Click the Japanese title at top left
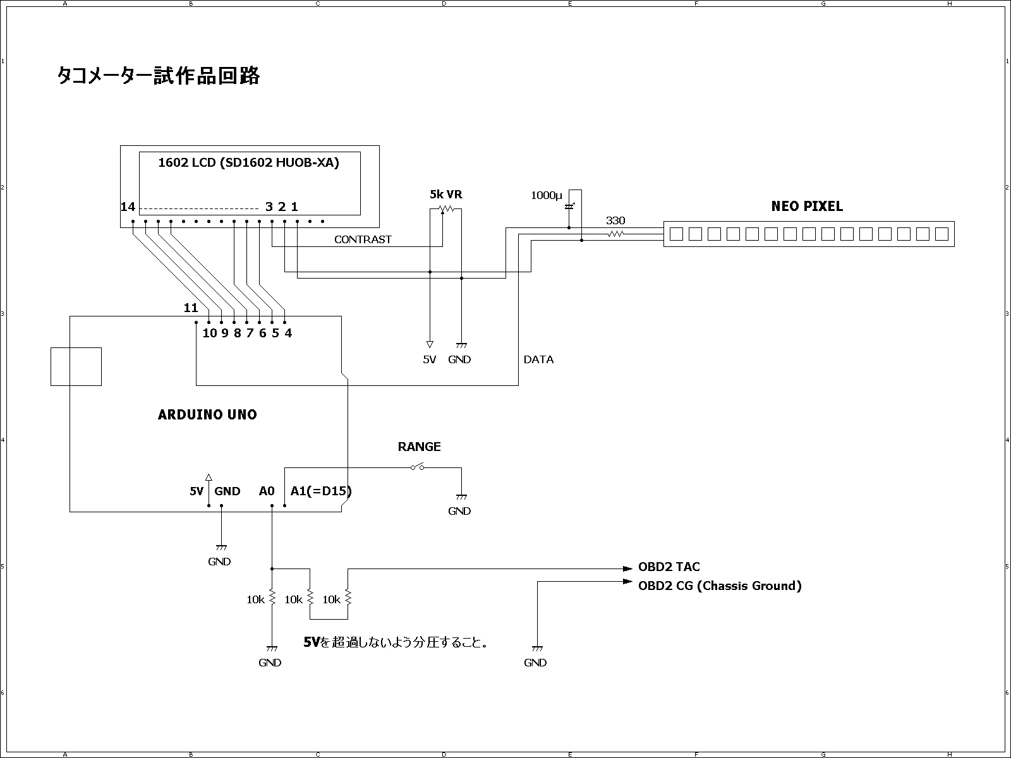(159, 76)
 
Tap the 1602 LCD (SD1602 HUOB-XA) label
(249, 162)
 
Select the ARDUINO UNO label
(207, 414)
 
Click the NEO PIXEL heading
(807, 206)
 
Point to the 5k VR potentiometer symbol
(446, 210)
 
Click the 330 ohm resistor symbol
(616, 234)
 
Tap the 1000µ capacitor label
(547, 196)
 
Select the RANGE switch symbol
(417, 467)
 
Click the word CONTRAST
(363, 239)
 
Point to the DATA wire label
(538, 359)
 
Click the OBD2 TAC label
(669, 567)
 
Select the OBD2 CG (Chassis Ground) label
(720, 586)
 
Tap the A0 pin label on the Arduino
(267, 491)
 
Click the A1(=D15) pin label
(321, 491)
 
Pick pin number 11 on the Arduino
(191, 308)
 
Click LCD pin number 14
(128, 207)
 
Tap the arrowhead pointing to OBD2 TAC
(627, 569)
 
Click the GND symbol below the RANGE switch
(461, 497)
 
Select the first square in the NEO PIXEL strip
(676, 234)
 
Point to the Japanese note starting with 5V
(396, 642)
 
